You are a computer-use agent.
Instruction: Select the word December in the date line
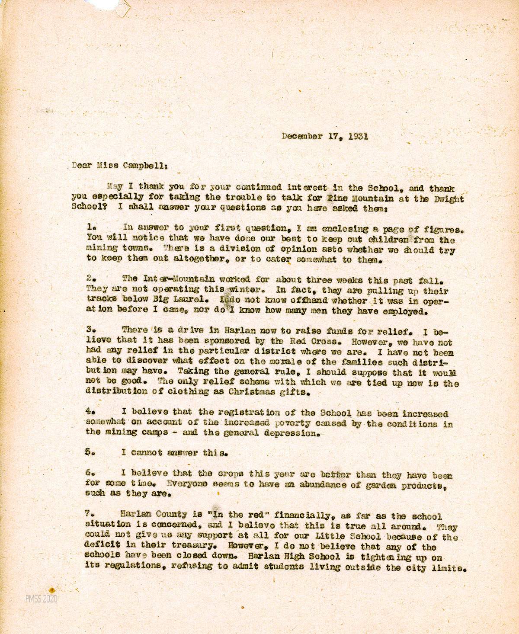(302, 136)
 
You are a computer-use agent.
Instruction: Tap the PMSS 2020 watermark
(41, 599)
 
